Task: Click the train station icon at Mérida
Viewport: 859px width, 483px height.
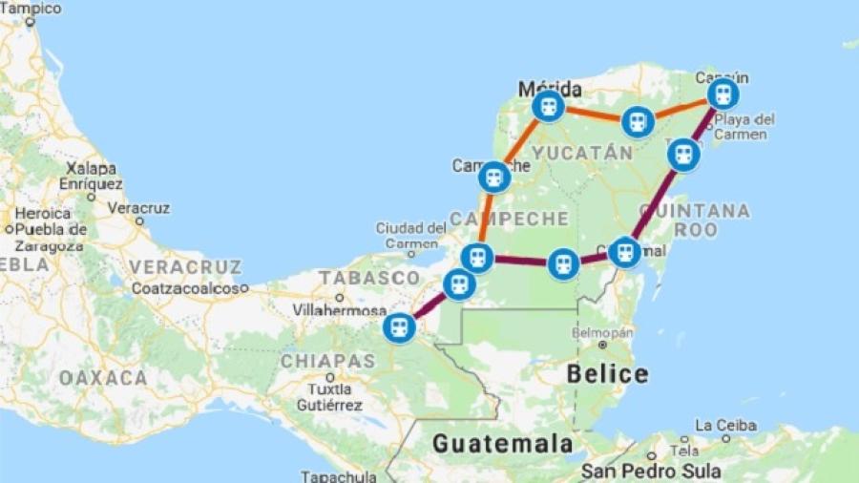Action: (x=548, y=107)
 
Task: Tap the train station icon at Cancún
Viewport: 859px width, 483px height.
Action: (x=723, y=94)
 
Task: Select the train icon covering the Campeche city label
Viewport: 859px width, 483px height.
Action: (x=494, y=177)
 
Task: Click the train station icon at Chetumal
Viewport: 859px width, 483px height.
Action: (x=624, y=252)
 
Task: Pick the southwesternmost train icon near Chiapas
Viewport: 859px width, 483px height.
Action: (x=399, y=327)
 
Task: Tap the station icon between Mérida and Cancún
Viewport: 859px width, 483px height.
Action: (x=637, y=122)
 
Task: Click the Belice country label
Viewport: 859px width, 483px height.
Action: (x=607, y=373)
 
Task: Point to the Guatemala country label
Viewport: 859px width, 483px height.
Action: (x=502, y=443)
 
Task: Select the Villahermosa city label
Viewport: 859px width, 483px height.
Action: (x=340, y=310)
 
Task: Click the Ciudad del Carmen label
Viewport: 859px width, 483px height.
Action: (x=410, y=235)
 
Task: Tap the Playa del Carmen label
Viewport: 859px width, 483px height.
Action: (x=744, y=127)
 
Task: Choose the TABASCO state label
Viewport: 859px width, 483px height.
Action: (x=357, y=277)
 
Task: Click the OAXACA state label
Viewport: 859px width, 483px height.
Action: (x=103, y=378)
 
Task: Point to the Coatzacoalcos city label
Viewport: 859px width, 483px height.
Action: (x=189, y=287)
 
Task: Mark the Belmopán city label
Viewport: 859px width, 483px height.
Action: (x=601, y=333)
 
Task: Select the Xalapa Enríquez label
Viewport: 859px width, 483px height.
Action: (x=91, y=175)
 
